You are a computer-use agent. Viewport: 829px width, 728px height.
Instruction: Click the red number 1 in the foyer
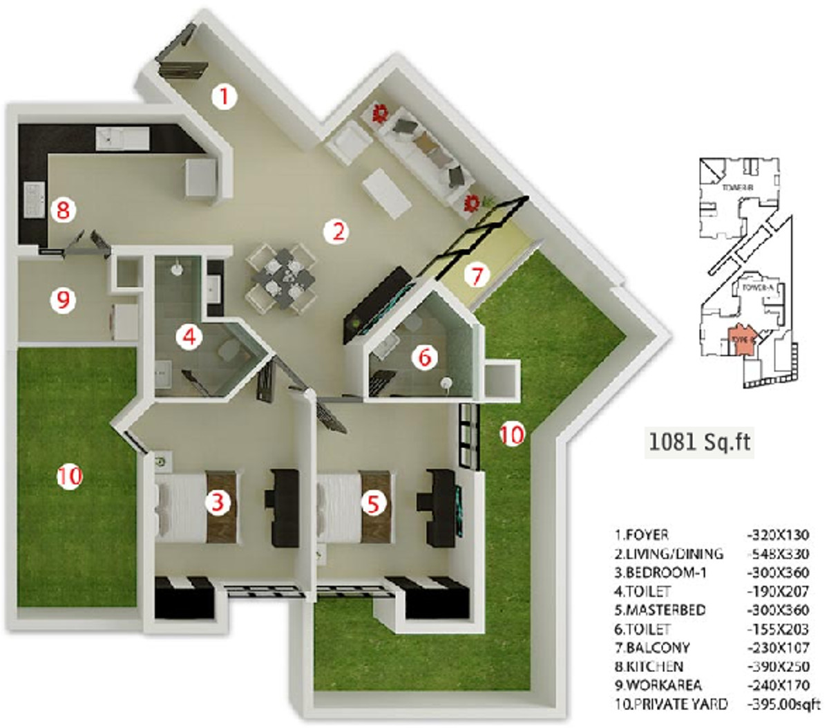coord(223,97)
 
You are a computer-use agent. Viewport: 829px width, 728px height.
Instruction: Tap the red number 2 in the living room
coord(338,231)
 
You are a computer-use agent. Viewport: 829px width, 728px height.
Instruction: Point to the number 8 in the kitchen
coord(63,209)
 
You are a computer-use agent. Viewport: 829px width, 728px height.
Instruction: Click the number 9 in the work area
coord(63,301)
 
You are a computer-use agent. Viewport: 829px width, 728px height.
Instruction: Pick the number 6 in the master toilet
coord(424,357)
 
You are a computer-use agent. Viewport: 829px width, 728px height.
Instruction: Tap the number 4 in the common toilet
coord(188,337)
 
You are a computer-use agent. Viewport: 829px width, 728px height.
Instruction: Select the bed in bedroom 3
coord(197,507)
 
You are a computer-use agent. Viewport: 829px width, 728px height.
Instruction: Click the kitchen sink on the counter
coord(122,138)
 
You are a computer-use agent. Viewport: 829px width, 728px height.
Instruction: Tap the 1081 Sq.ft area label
coord(698,441)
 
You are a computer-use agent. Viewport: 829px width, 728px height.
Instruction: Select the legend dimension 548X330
coord(779,554)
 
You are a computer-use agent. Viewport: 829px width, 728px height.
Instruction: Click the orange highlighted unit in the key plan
coord(743,340)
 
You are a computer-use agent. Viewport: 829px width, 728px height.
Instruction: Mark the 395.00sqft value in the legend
coord(780,704)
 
